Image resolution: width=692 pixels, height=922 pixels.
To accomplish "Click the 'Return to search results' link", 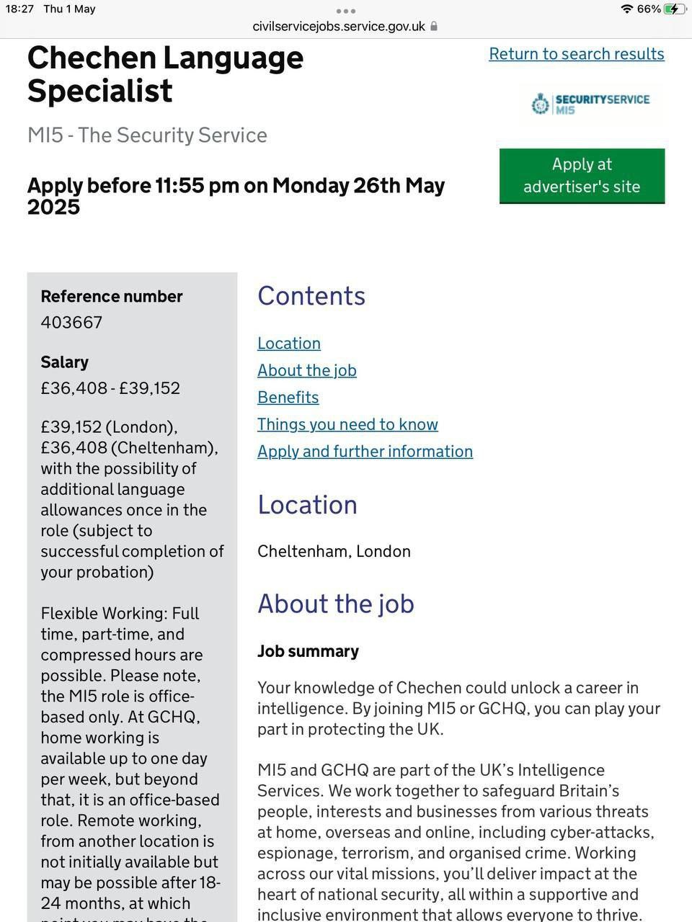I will click(x=576, y=54).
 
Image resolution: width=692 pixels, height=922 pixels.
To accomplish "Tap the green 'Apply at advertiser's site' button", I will click(x=582, y=176).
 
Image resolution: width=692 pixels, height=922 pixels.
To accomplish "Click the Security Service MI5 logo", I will click(x=591, y=104).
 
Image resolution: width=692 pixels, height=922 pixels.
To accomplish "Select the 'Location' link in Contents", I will click(x=289, y=344).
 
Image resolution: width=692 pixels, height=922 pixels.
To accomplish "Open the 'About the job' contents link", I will click(x=307, y=370).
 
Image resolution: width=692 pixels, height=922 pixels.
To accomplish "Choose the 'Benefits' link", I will click(x=288, y=398).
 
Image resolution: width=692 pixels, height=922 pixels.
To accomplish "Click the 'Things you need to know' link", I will click(x=347, y=424).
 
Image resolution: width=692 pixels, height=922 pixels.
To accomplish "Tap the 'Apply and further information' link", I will click(x=365, y=452).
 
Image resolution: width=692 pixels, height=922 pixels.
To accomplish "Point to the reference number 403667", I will click(x=71, y=322).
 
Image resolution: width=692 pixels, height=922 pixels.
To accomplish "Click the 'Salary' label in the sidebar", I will click(x=64, y=362).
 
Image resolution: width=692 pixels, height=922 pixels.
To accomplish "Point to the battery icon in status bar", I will click(x=675, y=9).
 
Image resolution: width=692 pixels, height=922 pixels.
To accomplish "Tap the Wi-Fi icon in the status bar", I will click(x=626, y=9).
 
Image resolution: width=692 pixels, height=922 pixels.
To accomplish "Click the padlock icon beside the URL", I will click(x=434, y=27).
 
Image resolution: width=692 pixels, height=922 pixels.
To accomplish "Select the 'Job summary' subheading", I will click(x=308, y=651).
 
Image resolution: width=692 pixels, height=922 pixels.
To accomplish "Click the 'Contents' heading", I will click(x=311, y=296).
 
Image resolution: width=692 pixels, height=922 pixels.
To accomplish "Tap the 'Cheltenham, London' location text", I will click(x=334, y=551).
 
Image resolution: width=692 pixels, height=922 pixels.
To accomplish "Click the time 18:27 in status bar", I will click(x=19, y=9).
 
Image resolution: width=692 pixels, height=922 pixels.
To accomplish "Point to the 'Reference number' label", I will click(x=112, y=297).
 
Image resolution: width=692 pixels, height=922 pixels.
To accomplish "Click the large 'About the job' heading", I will click(x=336, y=604).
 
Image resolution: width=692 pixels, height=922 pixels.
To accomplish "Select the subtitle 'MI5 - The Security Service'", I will click(x=147, y=135).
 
